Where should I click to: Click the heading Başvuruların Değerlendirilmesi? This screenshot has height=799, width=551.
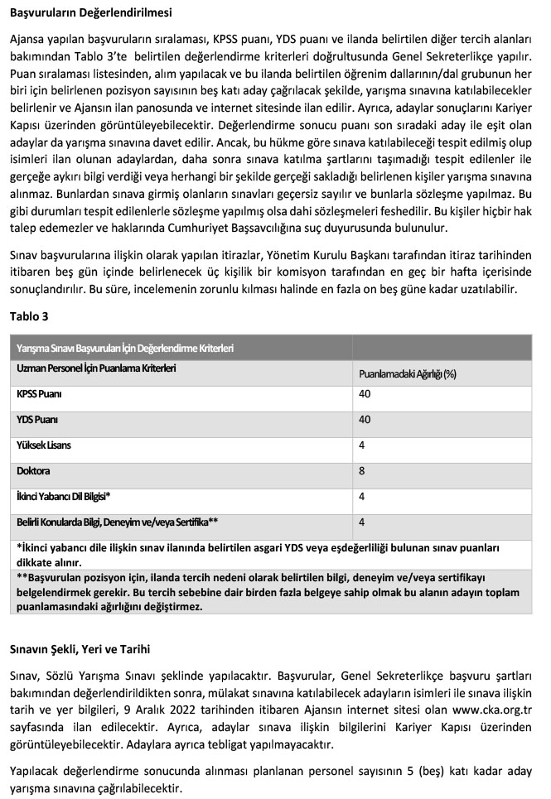coord(97,13)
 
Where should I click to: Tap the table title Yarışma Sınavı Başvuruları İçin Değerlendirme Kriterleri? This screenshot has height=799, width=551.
coord(124,349)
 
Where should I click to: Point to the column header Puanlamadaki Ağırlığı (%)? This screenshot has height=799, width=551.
coord(408,373)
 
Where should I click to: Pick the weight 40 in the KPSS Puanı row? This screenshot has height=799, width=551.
coord(365,394)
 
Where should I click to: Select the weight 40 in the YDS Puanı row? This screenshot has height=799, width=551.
coord(365,420)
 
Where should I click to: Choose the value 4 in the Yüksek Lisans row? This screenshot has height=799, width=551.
coord(362,445)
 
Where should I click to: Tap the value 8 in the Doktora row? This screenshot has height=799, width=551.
coord(362,471)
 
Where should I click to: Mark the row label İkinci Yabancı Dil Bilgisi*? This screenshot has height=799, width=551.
coord(64,497)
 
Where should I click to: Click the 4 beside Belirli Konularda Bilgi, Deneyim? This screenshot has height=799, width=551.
coord(362,522)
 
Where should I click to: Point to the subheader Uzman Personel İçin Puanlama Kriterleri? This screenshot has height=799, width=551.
coord(96,367)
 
